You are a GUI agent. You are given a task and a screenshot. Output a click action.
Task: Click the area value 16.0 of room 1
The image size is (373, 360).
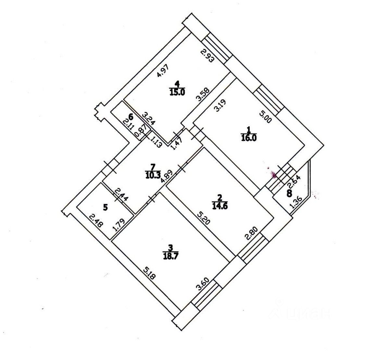249,138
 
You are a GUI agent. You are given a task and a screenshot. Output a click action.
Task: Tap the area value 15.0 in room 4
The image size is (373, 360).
177,92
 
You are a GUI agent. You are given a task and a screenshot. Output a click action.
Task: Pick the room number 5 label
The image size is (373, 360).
105,207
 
